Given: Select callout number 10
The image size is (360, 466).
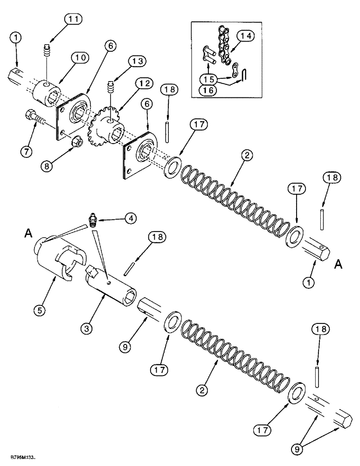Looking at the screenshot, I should (80, 58).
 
